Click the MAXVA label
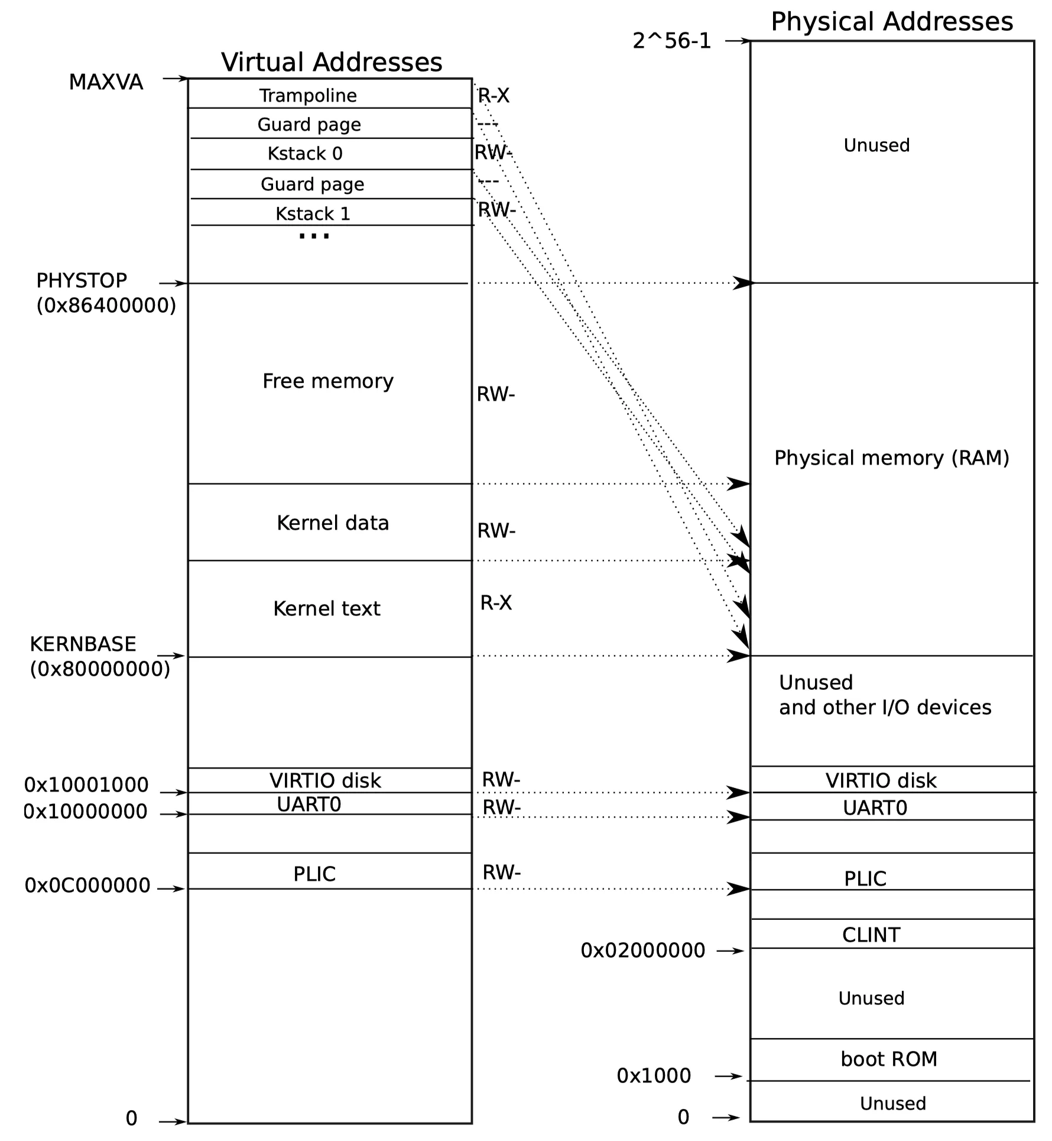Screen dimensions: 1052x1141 [x=106, y=82]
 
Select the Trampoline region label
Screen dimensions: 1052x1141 [x=308, y=95]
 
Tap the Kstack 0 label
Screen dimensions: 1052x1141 [x=305, y=154]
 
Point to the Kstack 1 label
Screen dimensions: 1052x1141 [x=313, y=213]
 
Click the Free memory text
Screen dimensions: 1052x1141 [x=328, y=381]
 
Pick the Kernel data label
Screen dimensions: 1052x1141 [x=333, y=523]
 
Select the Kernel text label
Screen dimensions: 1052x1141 [x=327, y=608]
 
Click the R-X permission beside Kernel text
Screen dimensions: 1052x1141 [x=496, y=603]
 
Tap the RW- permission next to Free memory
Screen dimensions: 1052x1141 [x=496, y=394]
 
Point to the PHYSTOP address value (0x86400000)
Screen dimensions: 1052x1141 [x=106, y=306]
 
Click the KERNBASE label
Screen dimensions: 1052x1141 [x=83, y=644]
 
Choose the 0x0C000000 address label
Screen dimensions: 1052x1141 [x=87, y=886]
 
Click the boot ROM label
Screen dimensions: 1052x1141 [x=889, y=1059]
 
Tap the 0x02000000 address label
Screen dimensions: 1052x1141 [x=643, y=951]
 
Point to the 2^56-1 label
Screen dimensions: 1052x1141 [x=672, y=41]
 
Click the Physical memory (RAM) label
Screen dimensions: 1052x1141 [x=892, y=458]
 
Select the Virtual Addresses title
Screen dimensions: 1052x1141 [x=332, y=62]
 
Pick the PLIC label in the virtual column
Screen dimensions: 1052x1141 [x=314, y=874]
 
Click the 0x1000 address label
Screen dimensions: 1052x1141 [x=654, y=1076]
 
